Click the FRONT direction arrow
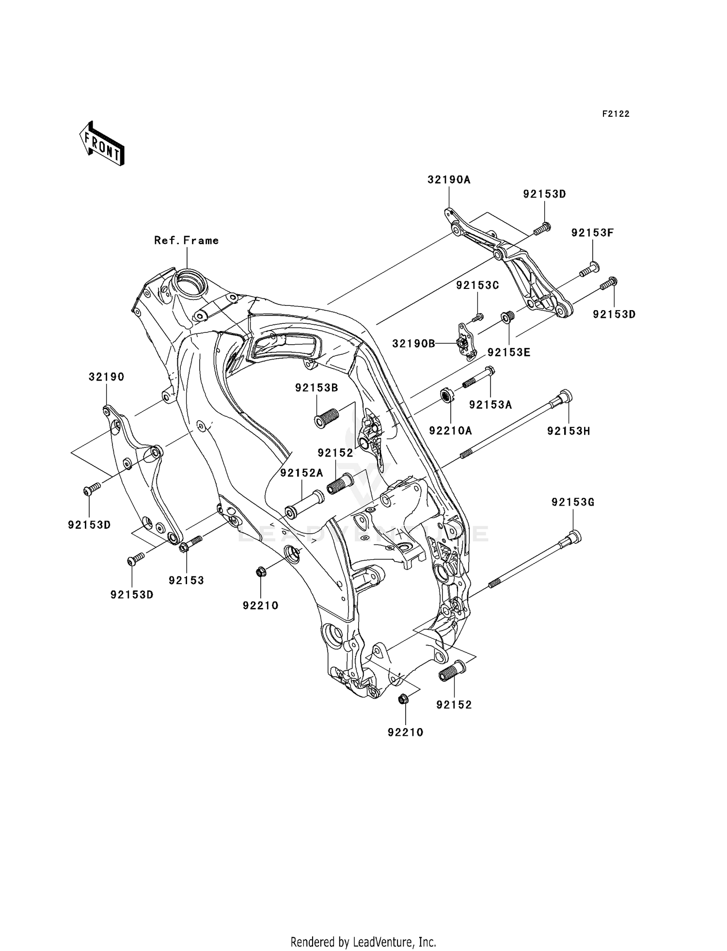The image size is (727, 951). pyautogui.click(x=102, y=144)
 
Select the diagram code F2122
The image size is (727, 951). pyautogui.click(x=616, y=114)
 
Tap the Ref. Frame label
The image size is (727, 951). pyautogui.click(x=186, y=240)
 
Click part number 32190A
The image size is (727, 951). pyautogui.click(x=449, y=180)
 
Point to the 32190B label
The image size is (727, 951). pyautogui.click(x=413, y=344)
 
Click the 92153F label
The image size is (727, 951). pyautogui.click(x=592, y=233)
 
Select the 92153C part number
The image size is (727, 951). pyautogui.click(x=477, y=285)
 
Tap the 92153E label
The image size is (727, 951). pyautogui.click(x=509, y=352)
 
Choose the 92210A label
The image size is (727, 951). pyautogui.click(x=450, y=430)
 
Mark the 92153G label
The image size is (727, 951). pyautogui.click(x=572, y=503)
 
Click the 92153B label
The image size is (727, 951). pyautogui.click(x=316, y=388)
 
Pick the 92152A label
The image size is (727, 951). pyautogui.click(x=301, y=473)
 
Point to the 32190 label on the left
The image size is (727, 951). pyautogui.click(x=106, y=377)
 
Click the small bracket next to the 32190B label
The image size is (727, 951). pyautogui.click(x=466, y=342)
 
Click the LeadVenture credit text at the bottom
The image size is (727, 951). pyautogui.click(x=363, y=942)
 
